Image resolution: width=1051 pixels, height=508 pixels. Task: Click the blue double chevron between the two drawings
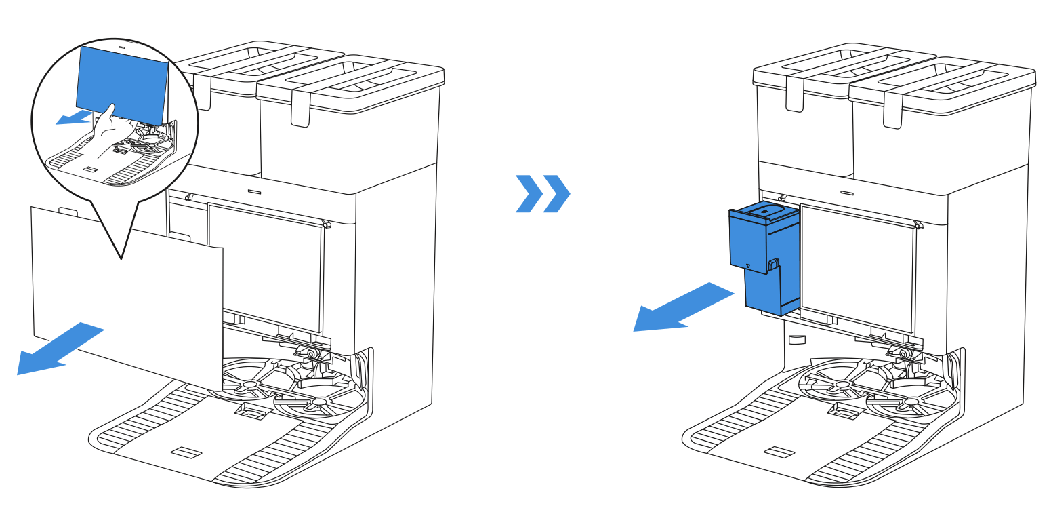(x=543, y=194)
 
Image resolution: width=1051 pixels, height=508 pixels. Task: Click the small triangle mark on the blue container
(x=747, y=267)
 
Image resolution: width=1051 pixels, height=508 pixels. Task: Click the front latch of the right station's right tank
(x=893, y=112)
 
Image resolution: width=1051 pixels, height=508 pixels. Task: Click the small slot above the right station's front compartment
(x=845, y=192)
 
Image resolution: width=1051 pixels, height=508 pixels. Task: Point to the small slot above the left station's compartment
(x=253, y=192)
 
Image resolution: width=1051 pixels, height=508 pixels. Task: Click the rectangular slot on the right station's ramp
(x=776, y=451)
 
